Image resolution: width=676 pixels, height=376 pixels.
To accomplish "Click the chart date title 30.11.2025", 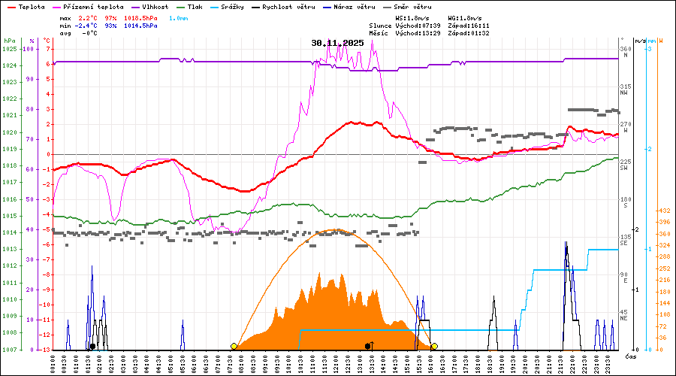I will (x=337, y=43).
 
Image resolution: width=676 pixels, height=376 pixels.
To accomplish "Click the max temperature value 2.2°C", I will (x=89, y=17).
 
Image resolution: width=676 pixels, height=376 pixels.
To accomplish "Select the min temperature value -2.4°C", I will (x=87, y=25).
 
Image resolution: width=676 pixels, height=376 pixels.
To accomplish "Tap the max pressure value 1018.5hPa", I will (x=140, y=17).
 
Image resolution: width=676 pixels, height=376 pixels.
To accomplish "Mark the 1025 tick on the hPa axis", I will (x=9, y=49).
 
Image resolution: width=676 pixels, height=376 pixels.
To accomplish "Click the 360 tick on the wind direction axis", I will (x=624, y=49).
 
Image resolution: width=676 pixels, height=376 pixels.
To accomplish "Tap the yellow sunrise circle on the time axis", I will (x=234, y=346).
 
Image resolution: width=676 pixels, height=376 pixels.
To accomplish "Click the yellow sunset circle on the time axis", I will (x=434, y=346).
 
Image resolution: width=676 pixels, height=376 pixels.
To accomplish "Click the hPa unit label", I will (x=9, y=40).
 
